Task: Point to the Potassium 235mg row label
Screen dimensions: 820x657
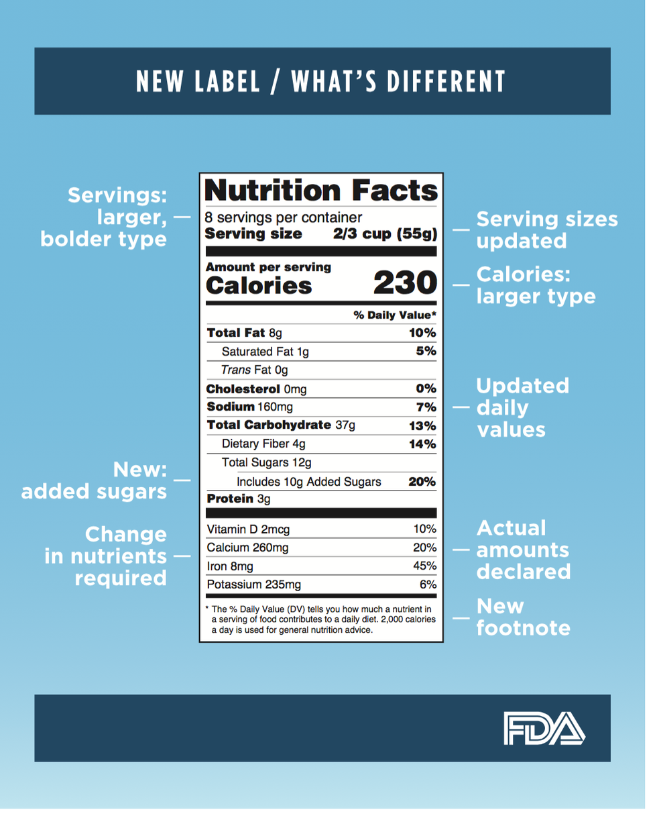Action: click(254, 584)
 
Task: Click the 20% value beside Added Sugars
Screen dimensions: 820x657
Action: click(422, 480)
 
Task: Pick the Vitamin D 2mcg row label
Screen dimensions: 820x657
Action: click(249, 530)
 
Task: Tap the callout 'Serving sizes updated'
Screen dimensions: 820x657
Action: click(546, 229)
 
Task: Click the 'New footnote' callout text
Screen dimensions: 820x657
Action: click(523, 617)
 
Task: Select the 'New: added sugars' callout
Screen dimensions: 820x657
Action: click(95, 480)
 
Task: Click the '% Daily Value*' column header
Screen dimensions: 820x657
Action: click(396, 315)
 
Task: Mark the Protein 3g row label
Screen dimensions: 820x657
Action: click(238, 499)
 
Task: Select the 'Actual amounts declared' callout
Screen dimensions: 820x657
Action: click(523, 550)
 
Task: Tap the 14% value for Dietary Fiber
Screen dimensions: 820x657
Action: click(424, 444)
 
